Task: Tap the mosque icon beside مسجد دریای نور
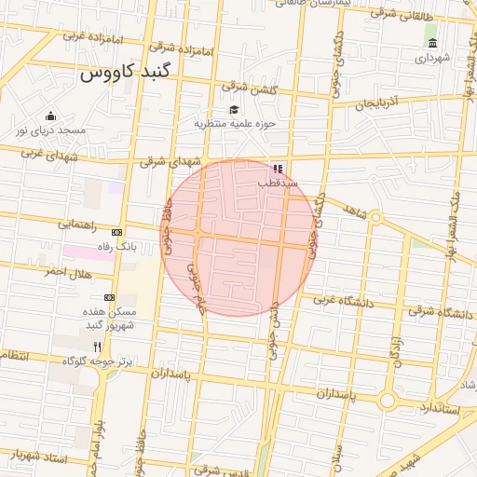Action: point(50,116)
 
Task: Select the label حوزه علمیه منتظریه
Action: point(236,123)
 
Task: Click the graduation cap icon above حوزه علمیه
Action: point(233,110)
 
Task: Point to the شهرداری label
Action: point(432,58)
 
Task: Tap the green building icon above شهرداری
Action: point(431,43)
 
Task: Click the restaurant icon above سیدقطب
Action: point(277,169)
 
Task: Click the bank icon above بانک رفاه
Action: point(116,233)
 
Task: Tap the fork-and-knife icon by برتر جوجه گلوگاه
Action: point(97,346)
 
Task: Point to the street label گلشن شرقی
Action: point(250,89)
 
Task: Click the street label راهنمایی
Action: point(77,225)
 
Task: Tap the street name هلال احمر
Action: point(64,271)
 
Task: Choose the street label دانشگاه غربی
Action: point(343,300)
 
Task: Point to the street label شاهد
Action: point(354,212)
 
